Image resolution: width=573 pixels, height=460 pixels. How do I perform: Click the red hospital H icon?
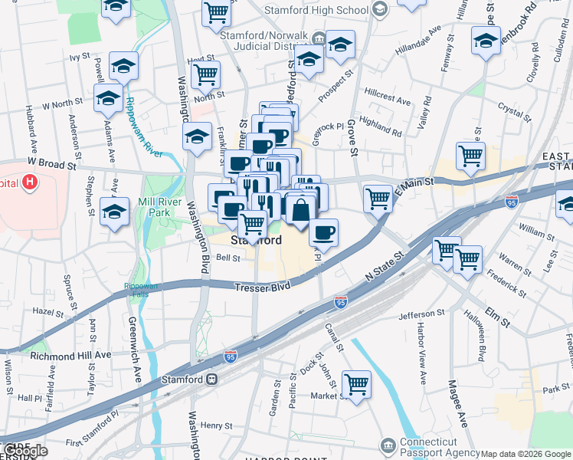[29, 182]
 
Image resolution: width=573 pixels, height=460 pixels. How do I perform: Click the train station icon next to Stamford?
[211, 379]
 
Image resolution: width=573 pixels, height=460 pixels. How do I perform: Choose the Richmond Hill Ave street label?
[70, 356]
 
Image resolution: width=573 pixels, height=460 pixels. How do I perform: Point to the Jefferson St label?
[421, 314]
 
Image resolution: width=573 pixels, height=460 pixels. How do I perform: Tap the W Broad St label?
[52, 164]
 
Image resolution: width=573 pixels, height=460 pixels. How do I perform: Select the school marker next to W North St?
[108, 99]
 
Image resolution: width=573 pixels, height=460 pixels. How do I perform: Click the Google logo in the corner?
[25, 451]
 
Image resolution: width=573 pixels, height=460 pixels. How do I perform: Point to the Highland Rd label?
[380, 127]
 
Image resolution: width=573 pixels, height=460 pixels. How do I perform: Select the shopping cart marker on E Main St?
[378, 199]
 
